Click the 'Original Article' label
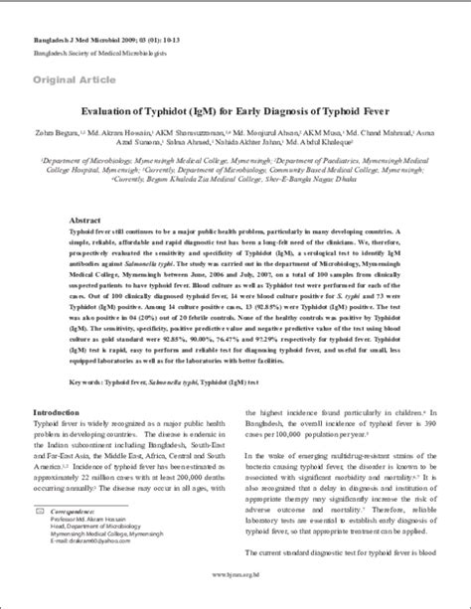72,76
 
